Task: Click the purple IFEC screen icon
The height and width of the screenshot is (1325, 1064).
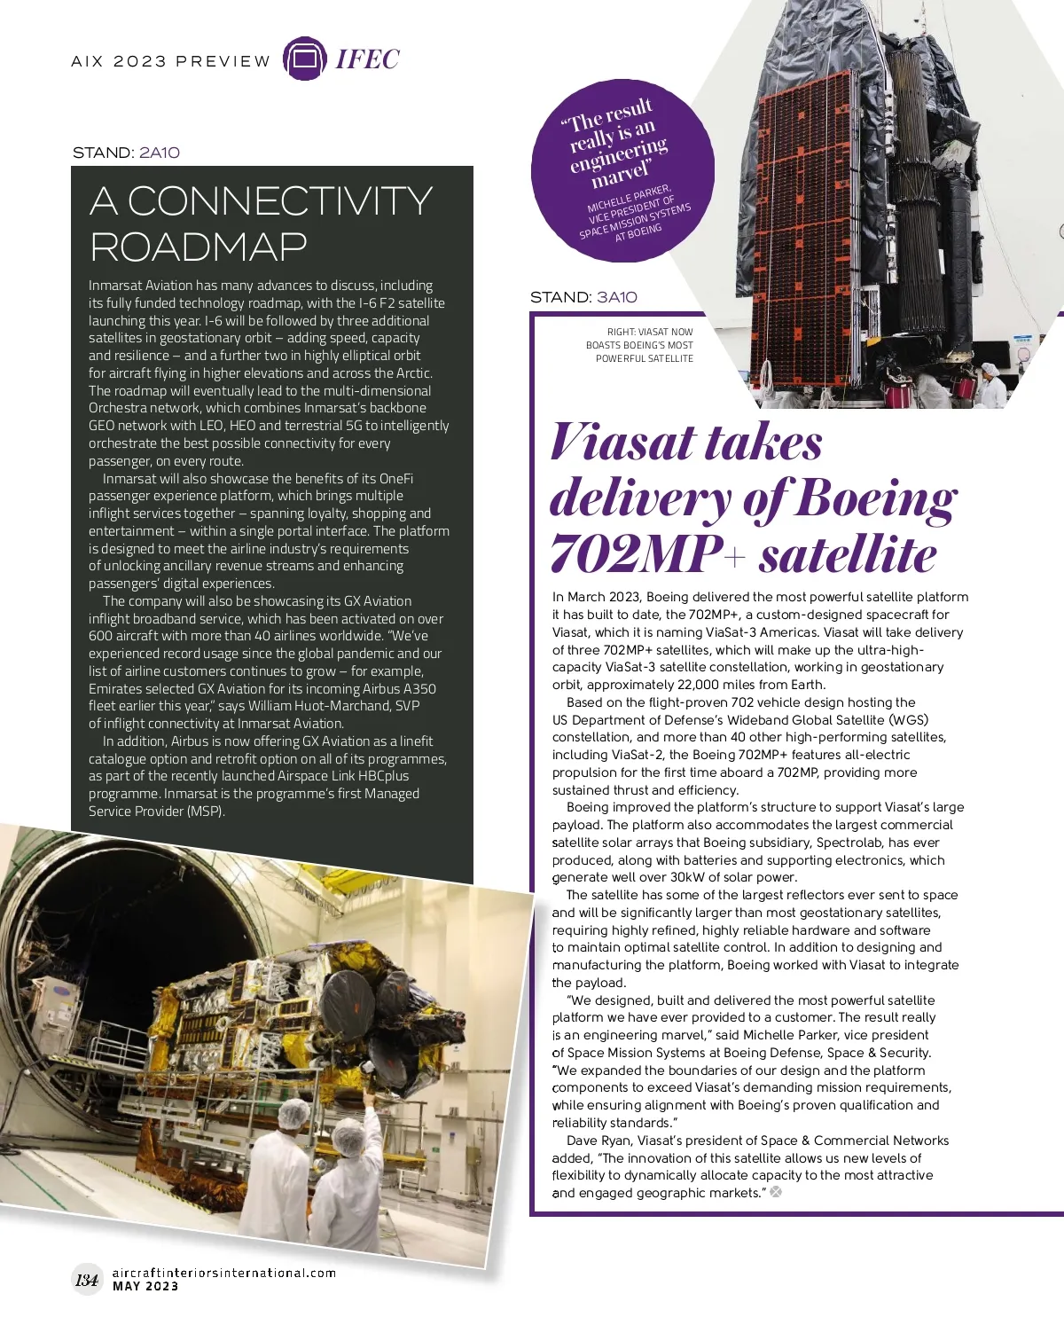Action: pos(304,59)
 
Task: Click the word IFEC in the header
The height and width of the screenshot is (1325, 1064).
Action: pos(367,59)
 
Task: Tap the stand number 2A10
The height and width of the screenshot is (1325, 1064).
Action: pos(160,153)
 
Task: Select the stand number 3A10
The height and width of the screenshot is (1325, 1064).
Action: pos(617,297)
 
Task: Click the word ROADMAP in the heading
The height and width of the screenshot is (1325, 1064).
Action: pos(199,247)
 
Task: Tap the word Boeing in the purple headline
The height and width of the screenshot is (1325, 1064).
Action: pos(874,499)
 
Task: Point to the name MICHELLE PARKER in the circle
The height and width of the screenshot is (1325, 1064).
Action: pos(629,200)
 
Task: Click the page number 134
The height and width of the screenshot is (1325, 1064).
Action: pos(87,1279)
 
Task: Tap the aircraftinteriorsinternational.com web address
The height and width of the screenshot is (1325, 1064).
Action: pos(224,1273)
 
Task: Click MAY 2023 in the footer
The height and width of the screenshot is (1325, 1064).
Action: pos(145,1286)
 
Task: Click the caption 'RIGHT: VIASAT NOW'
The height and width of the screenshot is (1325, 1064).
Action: pos(650,332)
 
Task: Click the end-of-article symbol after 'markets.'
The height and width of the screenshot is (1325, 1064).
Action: pos(776,1192)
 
